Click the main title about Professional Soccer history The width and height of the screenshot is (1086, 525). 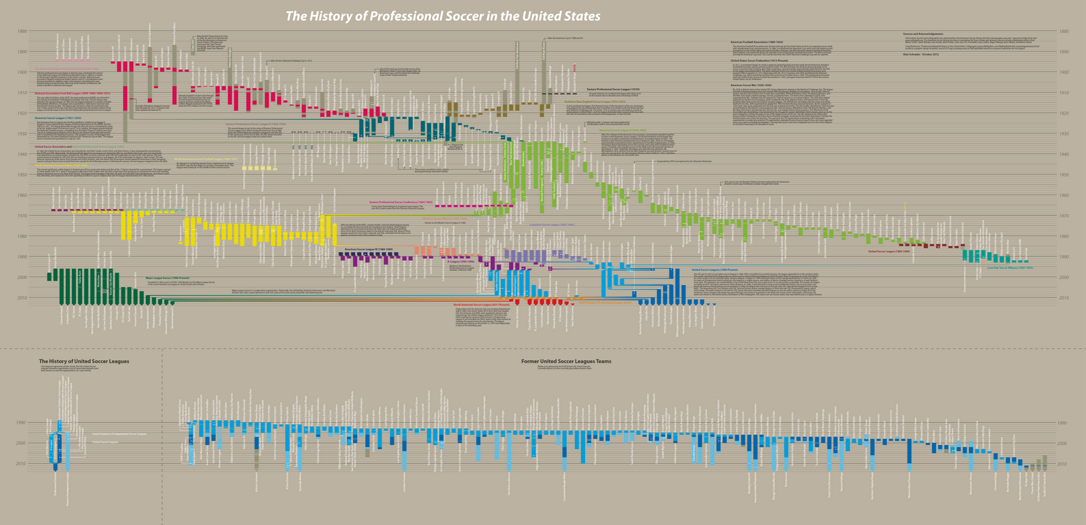(443, 16)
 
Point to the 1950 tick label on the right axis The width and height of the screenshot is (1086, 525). (1064, 175)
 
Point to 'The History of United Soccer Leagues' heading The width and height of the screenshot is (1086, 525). (84, 362)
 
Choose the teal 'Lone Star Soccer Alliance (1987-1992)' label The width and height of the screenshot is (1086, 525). (1009, 268)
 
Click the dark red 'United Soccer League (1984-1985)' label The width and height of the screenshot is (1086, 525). (889, 252)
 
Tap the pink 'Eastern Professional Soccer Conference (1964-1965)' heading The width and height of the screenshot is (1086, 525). (401, 201)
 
